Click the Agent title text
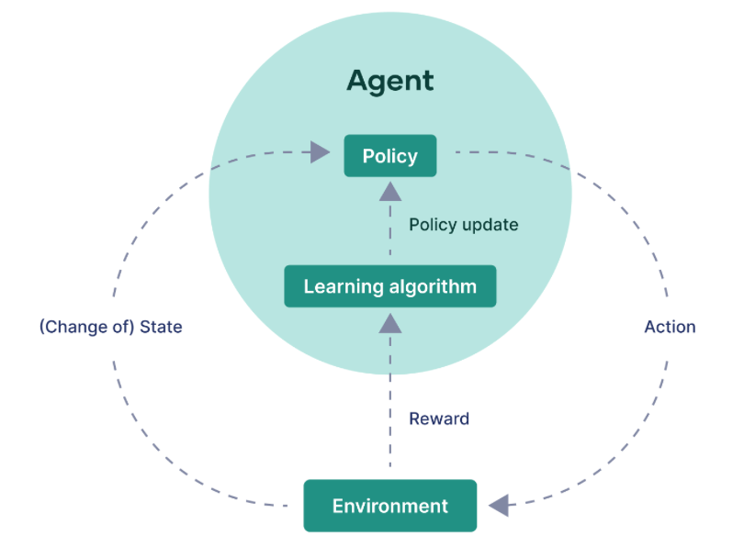[x=390, y=81]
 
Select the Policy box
[x=390, y=156]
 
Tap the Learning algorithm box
[x=390, y=286]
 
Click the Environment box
[x=390, y=506]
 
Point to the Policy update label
[x=464, y=225]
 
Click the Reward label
[x=439, y=418]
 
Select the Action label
[x=670, y=327]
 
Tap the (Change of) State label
[x=110, y=327]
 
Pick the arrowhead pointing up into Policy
[x=390, y=191]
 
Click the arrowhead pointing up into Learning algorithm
[x=390, y=321]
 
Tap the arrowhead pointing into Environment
[x=499, y=504]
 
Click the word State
[x=161, y=327]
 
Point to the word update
[x=490, y=225]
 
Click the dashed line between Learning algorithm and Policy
[x=390, y=234]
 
